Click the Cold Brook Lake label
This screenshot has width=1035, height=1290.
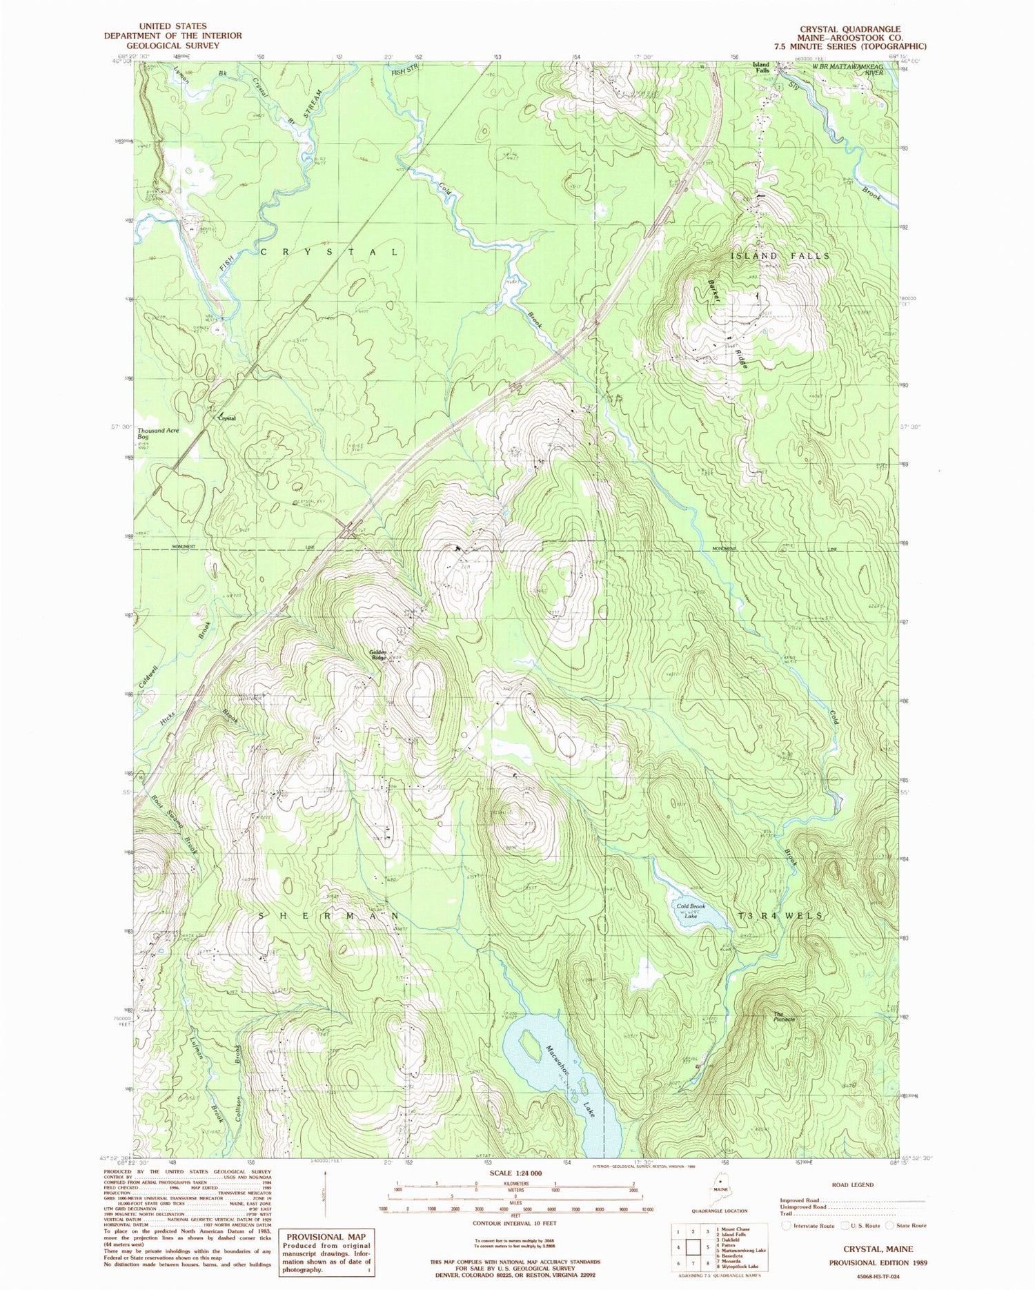(691, 910)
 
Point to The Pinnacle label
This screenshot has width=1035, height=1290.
(784, 1017)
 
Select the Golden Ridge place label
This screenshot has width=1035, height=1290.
(378, 654)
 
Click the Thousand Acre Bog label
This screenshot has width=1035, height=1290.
(158, 433)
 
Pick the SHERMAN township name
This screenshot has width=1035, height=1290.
(328, 915)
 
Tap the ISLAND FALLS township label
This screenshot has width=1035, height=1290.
(780, 255)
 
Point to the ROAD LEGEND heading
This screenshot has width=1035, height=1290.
(852, 1184)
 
